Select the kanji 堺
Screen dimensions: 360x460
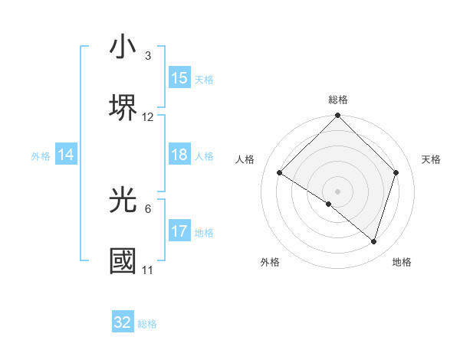click(123, 107)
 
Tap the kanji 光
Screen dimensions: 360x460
click(123, 200)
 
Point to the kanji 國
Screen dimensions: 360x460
click(123, 261)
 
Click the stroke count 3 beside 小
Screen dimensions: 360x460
click(147, 56)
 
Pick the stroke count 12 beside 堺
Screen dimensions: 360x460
click(148, 117)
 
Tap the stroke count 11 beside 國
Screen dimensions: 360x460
click(147, 270)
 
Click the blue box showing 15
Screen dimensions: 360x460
click(179, 78)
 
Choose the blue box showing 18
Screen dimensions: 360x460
click(179, 155)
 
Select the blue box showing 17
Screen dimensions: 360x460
click(179, 231)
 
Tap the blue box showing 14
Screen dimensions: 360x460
click(66, 155)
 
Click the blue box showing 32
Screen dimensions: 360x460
click(123, 322)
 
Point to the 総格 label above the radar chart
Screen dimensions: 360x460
click(338, 100)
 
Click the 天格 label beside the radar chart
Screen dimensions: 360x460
click(431, 159)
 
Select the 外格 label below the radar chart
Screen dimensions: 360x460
click(270, 262)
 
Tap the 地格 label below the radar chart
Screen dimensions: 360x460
click(402, 262)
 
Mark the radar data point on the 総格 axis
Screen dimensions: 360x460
click(338, 116)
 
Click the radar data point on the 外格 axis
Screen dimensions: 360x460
click(329, 204)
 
